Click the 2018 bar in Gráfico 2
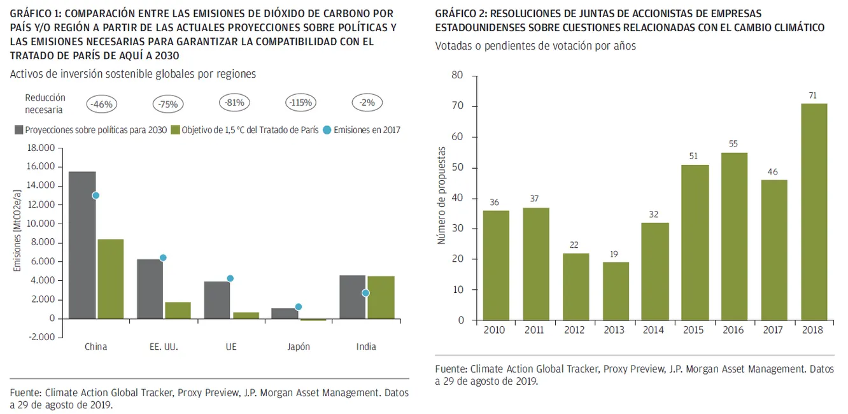[x=814, y=211]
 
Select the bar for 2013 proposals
[x=616, y=291]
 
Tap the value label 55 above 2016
[x=733, y=144]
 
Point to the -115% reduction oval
[x=300, y=103]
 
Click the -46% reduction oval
[x=101, y=104]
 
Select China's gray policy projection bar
[x=82, y=245]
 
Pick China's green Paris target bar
[x=111, y=279]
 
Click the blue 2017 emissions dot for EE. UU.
[x=163, y=258]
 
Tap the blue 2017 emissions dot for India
[x=365, y=293]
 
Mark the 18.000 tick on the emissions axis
[x=41, y=148]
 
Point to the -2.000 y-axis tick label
[x=41, y=337]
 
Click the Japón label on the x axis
[x=299, y=346]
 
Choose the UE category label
[x=231, y=346]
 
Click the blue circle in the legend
[x=327, y=131]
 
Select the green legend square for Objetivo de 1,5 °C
[x=175, y=131]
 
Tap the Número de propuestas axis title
[x=441, y=196]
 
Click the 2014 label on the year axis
[x=653, y=330]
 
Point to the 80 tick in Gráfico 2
[x=457, y=75]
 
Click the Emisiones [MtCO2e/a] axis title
[x=17, y=231]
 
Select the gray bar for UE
[x=217, y=300]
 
